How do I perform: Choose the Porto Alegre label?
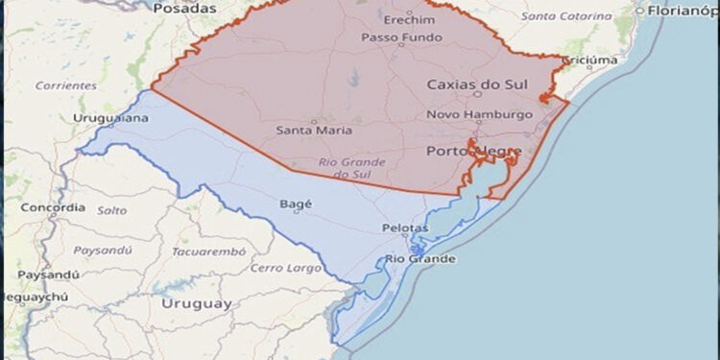pos(473,152)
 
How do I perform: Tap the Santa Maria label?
pos(314,130)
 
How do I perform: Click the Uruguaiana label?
pos(110,118)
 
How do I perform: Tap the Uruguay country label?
pos(197,303)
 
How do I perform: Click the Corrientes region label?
pos(65,85)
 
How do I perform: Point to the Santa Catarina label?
pos(566,16)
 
